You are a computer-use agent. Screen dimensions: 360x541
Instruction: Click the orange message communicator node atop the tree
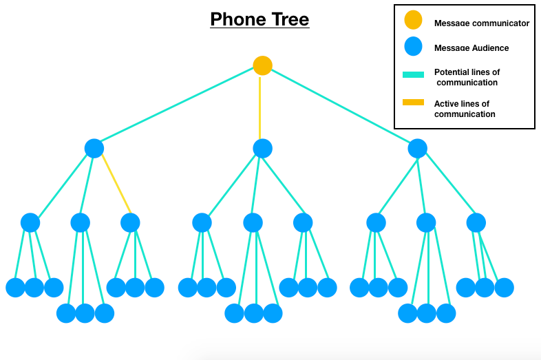pos(262,65)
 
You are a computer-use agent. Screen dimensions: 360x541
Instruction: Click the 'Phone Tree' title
pos(259,19)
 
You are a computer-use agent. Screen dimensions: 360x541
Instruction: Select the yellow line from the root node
pos(260,107)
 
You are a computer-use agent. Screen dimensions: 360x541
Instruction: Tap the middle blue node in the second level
pos(262,148)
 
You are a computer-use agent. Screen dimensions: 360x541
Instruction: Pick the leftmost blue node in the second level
pos(94,148)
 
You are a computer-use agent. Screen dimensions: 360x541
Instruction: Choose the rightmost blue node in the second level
pos(417,148)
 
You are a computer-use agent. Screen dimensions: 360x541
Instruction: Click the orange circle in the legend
pos(413,21)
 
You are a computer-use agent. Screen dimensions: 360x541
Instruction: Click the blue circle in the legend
pos(413,47)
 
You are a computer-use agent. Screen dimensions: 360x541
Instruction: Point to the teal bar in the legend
pos(413,75)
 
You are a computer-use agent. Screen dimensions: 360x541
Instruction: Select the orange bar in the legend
pos(413,103)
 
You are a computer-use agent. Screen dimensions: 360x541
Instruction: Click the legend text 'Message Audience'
pos(471,48)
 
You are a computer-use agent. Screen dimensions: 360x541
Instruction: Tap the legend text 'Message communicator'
pos(481,23)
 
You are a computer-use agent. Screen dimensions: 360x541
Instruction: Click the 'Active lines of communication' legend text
pos(464,109)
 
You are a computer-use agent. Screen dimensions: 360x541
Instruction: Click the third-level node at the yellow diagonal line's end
pos(130,222)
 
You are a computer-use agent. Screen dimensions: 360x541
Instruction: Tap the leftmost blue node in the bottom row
pos(15,287)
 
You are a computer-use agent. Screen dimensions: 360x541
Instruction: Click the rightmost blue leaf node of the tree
pos(504,287)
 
